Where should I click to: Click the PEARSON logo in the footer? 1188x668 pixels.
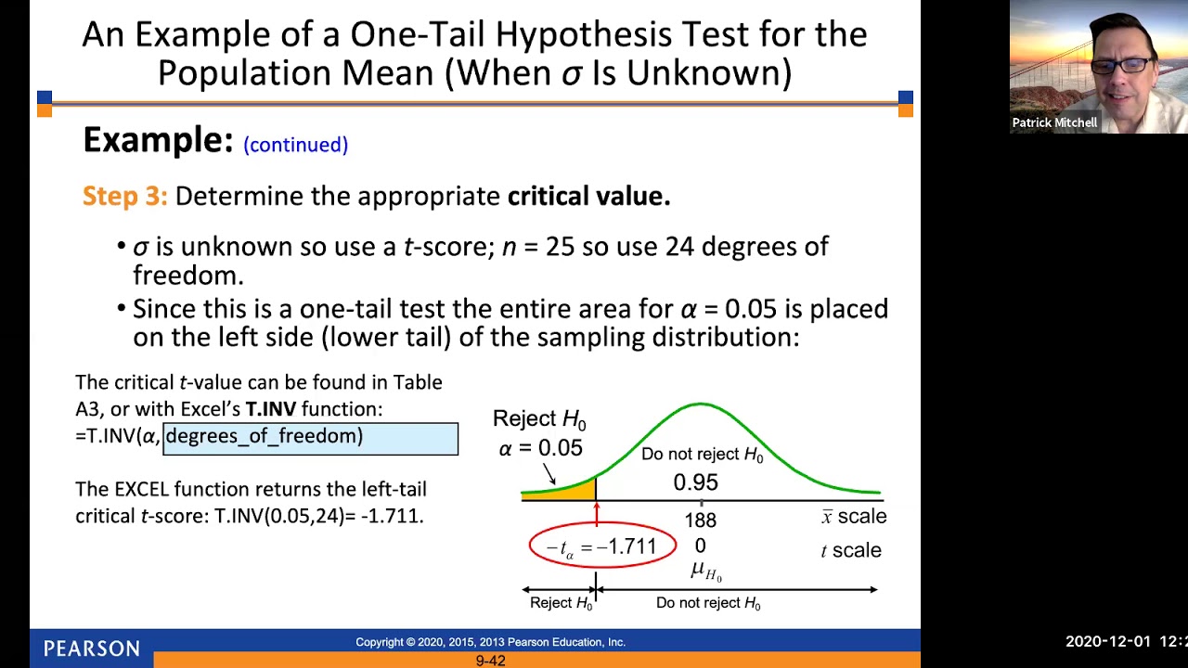pos(91,649)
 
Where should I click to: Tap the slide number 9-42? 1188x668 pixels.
pos(490,661)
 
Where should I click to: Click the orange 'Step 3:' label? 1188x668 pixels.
pos(124,196)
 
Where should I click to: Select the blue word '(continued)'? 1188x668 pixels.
pos(295,145)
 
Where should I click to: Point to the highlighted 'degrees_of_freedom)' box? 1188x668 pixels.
pos(310,437)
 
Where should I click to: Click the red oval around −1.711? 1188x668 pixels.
pos(602,546)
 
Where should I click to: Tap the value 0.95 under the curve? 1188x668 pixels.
pos(695,482)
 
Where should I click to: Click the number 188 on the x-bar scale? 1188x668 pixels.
pos(700,520)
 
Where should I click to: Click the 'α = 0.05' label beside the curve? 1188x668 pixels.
pos(540,448)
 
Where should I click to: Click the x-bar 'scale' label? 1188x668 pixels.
pos(854,517)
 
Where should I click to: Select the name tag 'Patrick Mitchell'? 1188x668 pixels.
pos(1054,122)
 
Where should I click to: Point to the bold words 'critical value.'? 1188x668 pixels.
pos(588,196)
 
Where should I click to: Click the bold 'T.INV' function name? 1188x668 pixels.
pos(270,409)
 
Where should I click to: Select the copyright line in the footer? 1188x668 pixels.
pos(490,642)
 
